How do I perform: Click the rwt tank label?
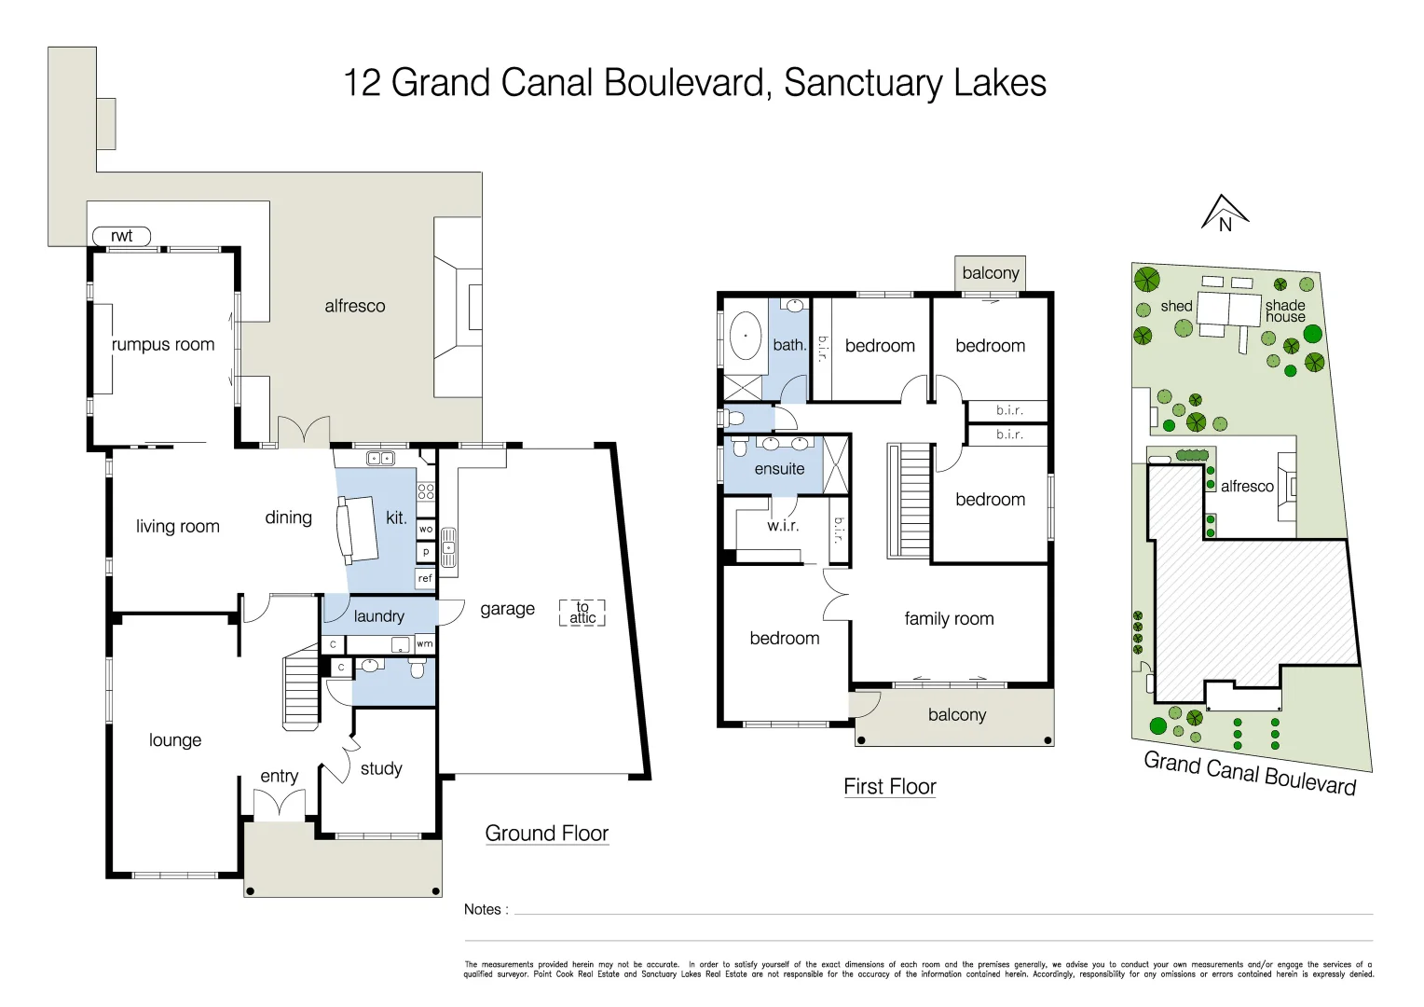click(x=121, y=236)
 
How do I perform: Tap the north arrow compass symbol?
click(x=1225, y=214)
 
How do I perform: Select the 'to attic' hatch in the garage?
click(x=582, y=613)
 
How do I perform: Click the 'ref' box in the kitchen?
click(x=425, y=579)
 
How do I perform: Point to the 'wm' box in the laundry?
click(x=425, y=643)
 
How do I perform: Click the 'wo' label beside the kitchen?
click(x=425, y=529)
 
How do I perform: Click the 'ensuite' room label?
click(x=779, y=469)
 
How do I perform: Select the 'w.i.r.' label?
click(x=783, y=526)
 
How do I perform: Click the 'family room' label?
click(x=949, y=618)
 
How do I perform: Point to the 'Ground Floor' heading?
click(x=546, y=834)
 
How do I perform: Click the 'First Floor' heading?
click(x=889, y=787)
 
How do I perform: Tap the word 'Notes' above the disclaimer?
click(x=483, y=909)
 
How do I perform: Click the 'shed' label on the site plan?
click(x=1176, y=306)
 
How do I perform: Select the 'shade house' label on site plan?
click(x=1285, y=310)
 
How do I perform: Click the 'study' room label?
click(x=381, y=768)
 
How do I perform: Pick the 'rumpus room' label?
click(x=163, y=344)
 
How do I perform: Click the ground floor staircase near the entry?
click(x=301, y=689)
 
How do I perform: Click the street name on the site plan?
click(x=1250, y=774)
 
